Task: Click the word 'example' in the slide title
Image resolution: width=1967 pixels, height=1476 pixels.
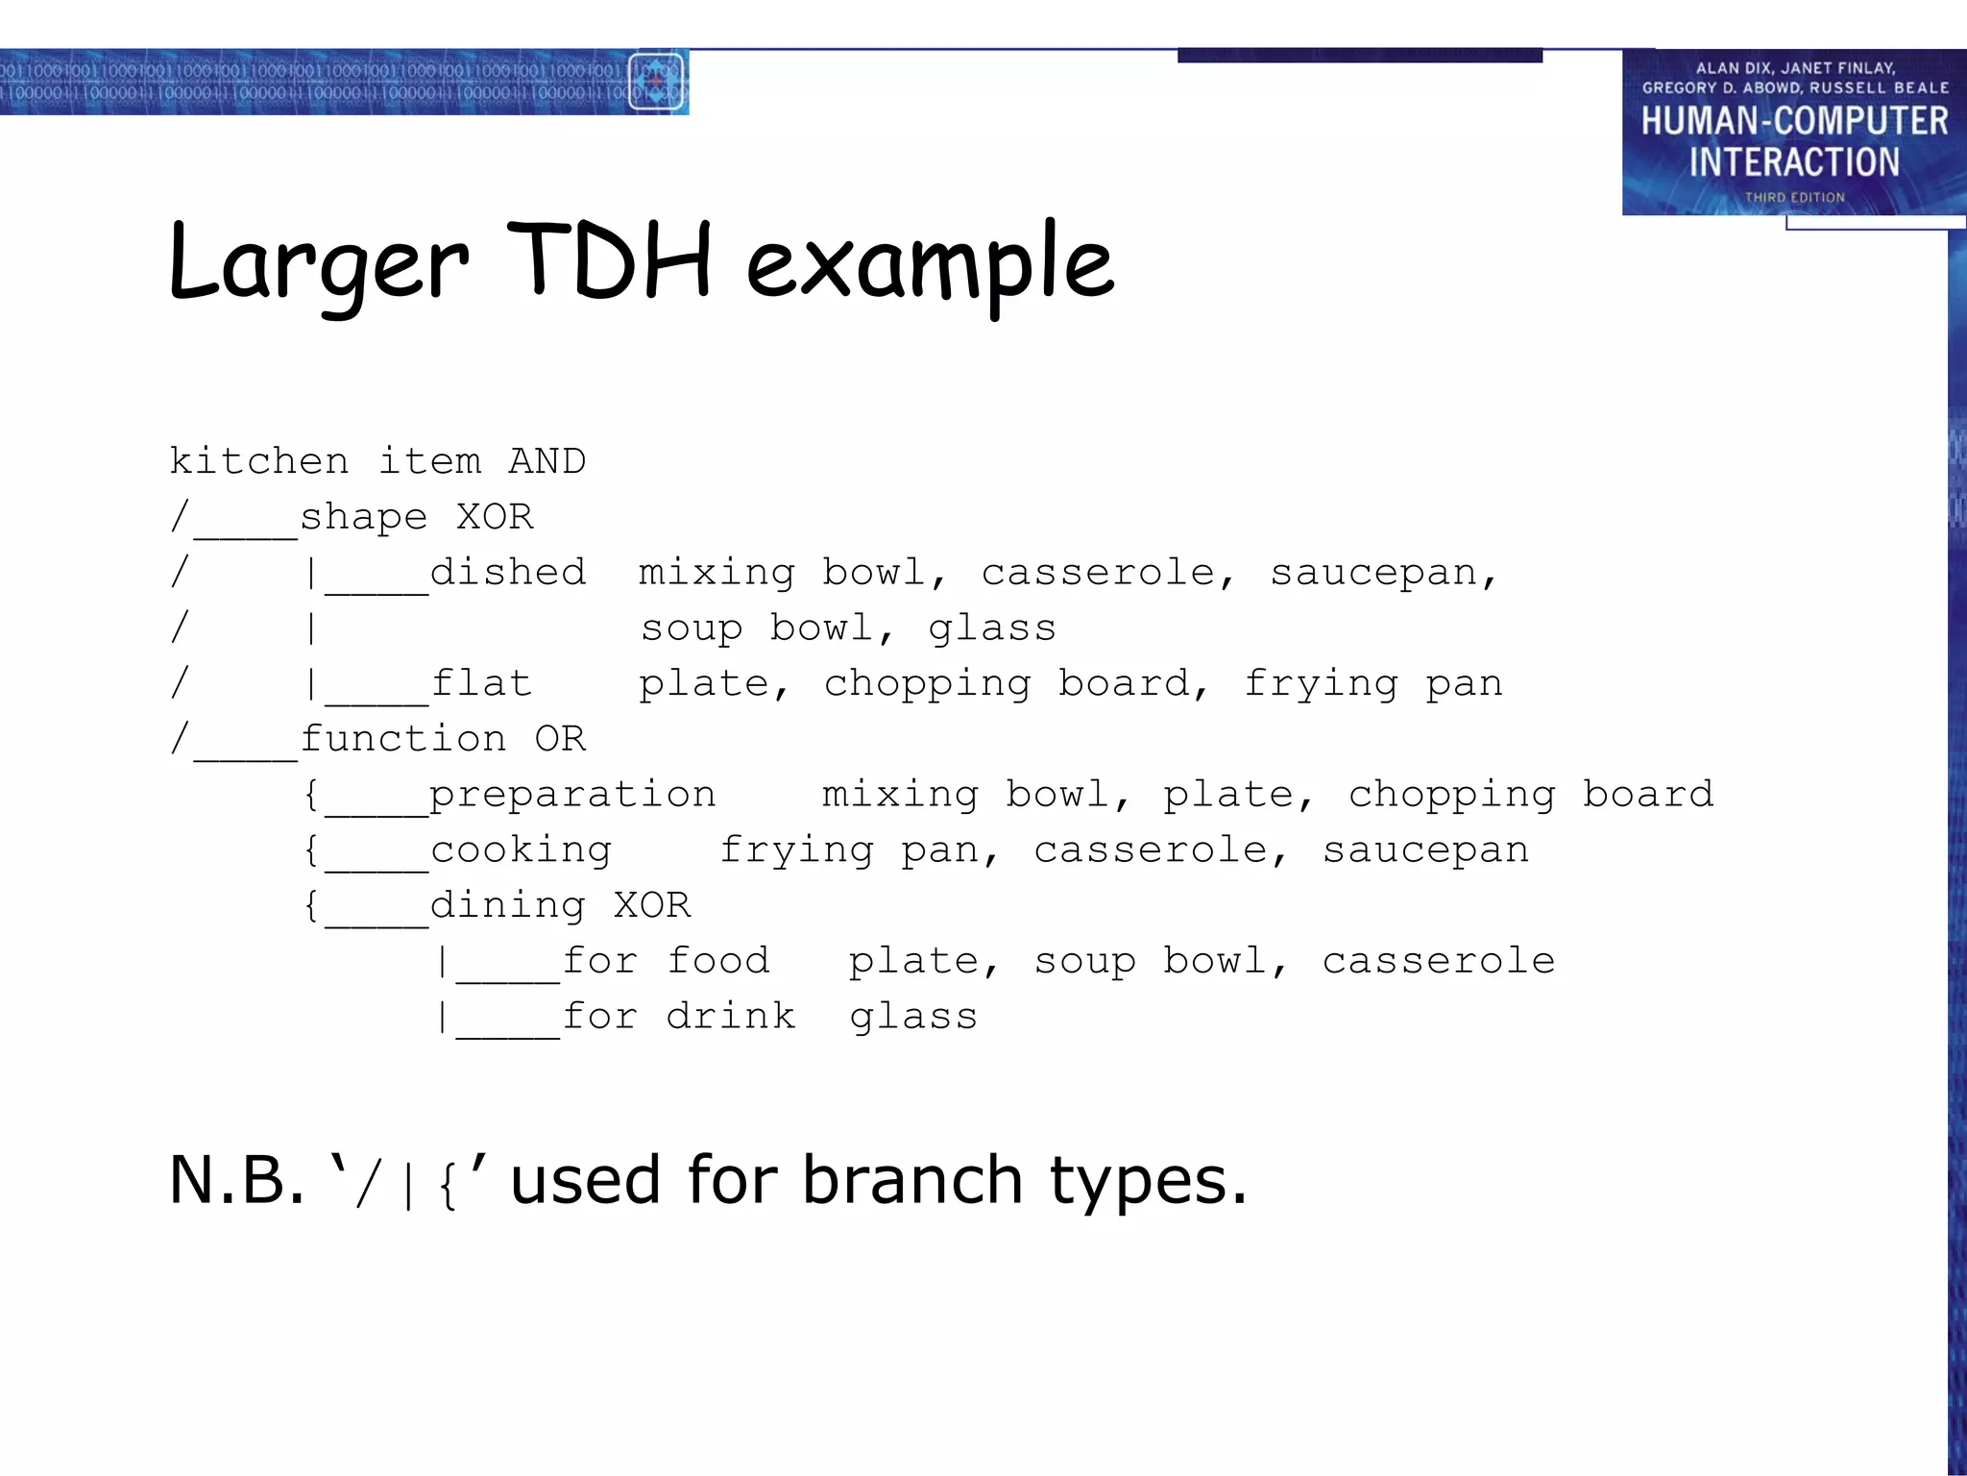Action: click(x=930, y=264)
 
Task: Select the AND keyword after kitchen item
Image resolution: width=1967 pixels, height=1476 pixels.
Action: click(x=546, y=461)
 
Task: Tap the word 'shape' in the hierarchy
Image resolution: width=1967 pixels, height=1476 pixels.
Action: click(x=363, y=518)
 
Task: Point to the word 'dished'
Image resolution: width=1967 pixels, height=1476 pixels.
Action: click(x=507, y=573)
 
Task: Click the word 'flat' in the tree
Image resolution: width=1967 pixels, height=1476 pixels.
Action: click(x=481, y=683)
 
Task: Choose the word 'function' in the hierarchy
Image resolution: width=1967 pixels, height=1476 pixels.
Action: click(x=403, y=739)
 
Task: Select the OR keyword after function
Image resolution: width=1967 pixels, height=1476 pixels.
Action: click(x=560, y=739)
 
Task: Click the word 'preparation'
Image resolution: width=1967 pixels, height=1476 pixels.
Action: click(x=572, y=796)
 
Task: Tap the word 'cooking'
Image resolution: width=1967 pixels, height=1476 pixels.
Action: click(x=521, y=851)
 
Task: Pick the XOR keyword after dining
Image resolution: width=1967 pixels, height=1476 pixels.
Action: click(x=652, y=905)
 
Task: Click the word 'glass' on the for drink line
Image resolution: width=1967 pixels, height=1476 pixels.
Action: click(x=913, y=1018)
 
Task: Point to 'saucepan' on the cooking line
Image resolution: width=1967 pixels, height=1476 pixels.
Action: click(x=1425, y=851)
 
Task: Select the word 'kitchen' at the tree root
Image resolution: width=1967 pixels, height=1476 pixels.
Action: click(x=259, y=461)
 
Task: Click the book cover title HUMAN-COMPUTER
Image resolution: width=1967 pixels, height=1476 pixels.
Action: click(x=1794, y=121)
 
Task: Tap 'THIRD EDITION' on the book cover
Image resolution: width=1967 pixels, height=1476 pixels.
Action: click(x=1794, y=197)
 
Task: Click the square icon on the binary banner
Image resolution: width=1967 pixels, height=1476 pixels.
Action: click(x=656, y=82)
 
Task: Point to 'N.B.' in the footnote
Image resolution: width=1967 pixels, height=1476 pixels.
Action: click(x=236, y=1180)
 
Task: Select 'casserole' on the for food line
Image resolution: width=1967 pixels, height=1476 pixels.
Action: click(x=1438, y=961)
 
